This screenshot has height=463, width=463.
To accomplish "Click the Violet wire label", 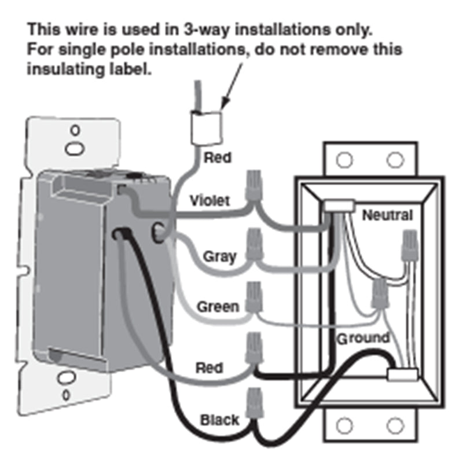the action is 210,201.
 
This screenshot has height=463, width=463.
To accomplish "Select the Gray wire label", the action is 220,256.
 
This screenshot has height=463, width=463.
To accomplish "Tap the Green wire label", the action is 218,307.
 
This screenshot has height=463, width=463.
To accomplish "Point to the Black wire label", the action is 219,420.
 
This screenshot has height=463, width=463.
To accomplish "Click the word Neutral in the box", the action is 387,215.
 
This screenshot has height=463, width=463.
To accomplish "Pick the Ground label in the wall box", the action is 363,339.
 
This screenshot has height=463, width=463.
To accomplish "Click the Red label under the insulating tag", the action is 218,157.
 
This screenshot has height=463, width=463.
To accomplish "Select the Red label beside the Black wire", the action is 209,368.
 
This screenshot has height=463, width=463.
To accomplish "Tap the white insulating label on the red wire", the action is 206,128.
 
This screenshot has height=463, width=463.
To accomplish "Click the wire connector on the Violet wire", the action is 254,185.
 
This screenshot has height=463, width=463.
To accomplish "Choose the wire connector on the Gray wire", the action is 255,244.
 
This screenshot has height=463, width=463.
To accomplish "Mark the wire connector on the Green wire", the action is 254,297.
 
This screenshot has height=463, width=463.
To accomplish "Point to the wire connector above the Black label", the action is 255,403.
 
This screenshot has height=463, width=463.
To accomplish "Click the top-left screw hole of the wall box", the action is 344,160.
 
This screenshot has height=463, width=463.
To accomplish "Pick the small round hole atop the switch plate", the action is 75,130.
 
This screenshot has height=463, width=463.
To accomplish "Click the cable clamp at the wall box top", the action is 339,205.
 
